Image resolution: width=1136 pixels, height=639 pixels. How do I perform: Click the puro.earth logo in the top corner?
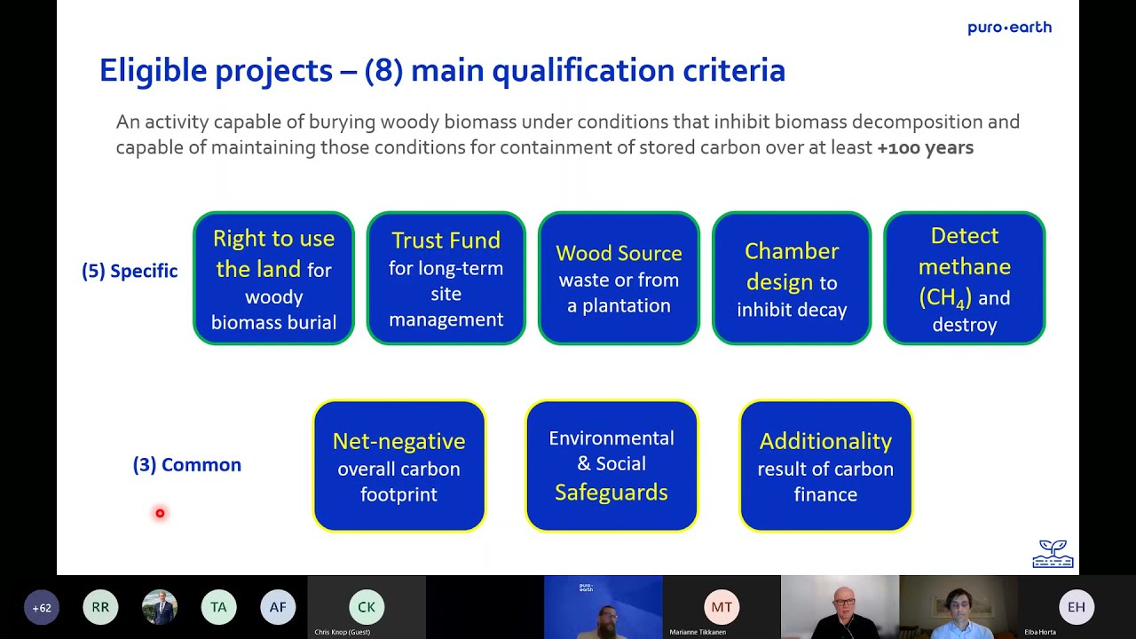click(x=1009, y=28)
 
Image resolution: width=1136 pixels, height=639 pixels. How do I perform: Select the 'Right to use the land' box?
click(x=273, y=279)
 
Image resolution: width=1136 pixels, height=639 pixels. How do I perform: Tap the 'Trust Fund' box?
click(x=446, y=279)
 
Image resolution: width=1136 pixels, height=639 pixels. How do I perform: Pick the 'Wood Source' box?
click(x=619, y=279)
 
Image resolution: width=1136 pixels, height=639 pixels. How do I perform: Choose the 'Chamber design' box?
click(x=792, y=279)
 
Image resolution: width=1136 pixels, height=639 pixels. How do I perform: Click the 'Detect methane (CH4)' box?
click(x=964, y=279)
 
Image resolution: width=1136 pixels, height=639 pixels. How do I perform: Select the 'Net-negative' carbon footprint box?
click(x=398, y=466)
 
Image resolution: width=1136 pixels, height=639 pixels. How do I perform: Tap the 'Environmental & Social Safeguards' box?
click(x=611, y=466)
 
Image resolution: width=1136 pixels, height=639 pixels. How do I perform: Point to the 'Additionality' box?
click(x=825, y=466)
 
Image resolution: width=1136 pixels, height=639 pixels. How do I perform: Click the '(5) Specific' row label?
click(x=130, y=272)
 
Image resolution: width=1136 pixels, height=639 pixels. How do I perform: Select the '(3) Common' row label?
click(x=187, y=465)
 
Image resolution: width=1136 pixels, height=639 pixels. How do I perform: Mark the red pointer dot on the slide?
click(x=160, y=513)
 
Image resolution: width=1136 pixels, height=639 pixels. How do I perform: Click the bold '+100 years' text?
click(x=925, y=148)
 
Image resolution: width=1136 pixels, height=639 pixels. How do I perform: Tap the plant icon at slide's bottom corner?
click(x=1053, y=554)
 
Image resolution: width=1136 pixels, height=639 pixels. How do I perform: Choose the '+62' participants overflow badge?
click(x=42, y=608)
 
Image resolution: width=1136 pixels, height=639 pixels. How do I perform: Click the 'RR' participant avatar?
click(x=100, y=608)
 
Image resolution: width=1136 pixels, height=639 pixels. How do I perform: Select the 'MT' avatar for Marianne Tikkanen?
click(x=722, y=608)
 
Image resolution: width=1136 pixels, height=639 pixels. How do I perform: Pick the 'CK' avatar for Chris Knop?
click(x=367, y=608)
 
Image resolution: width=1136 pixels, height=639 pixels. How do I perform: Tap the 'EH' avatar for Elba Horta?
click(x=1077, y=608)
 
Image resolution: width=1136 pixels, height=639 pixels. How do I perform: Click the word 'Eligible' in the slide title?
click(x=154, y=71)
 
